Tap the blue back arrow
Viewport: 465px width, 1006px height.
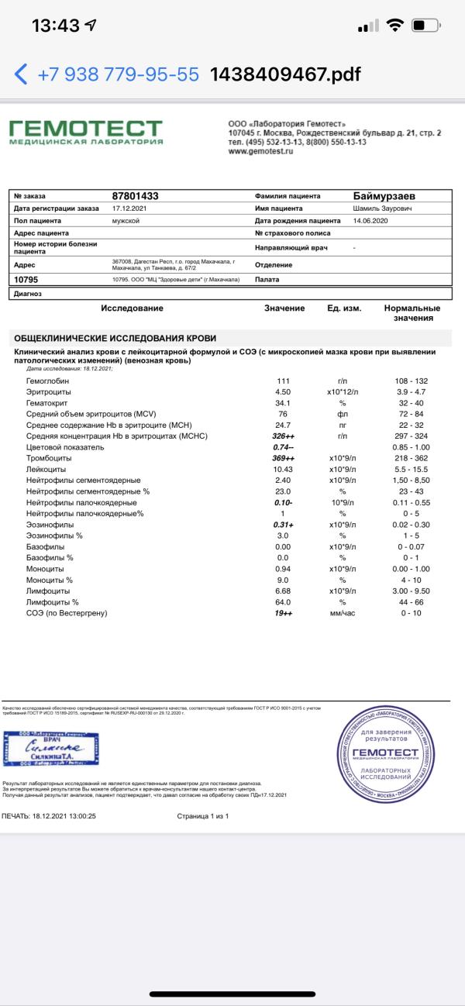pos(21,74)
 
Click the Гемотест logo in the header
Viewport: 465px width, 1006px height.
pos(86,132)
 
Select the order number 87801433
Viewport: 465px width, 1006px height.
pos(136,196)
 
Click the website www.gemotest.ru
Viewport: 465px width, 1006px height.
pos(260,152)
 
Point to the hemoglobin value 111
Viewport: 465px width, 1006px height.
pos(283,381)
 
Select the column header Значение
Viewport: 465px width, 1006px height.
pos(284,308)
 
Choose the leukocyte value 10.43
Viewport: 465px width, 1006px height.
pos(284,470)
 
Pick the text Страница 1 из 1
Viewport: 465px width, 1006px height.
pos(203,816)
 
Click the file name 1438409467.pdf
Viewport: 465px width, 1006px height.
pos(285,74)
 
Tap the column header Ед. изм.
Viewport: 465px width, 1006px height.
pos(344,308)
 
